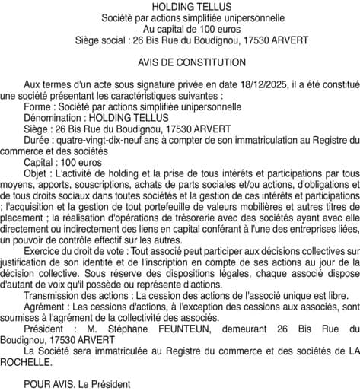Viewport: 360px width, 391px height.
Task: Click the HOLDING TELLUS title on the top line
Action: (x=180, y=6)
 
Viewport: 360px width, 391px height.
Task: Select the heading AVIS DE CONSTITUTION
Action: (x=180, y=62)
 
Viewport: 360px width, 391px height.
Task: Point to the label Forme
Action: (x=38, y=107)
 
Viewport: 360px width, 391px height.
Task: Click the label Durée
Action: (x=38, y=140)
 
